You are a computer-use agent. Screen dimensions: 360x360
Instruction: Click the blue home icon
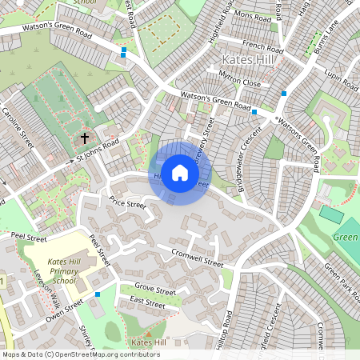pos(180,173)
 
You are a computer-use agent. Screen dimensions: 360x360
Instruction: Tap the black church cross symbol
pos(85,138)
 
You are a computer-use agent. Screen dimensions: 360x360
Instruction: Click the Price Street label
pos(127,204)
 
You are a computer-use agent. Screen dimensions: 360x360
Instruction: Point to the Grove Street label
pos(154,288)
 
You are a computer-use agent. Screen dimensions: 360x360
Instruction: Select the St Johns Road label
pos(98,150)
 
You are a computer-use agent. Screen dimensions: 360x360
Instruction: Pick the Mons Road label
pos(253,16)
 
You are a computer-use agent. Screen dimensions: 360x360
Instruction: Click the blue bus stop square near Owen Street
pos(98,294)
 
